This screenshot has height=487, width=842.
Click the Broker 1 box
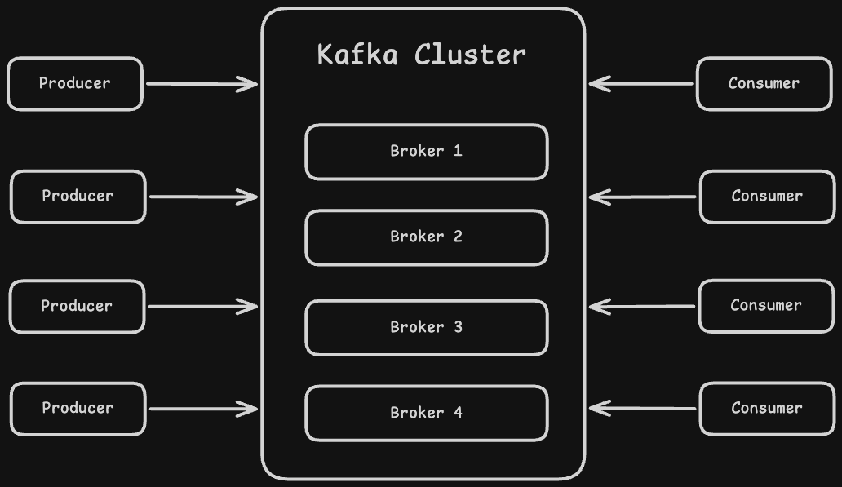(426, 152)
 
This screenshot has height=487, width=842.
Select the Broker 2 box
(426, 237)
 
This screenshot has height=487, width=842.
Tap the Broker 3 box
(426, 328)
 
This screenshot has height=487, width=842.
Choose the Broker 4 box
(426, 414)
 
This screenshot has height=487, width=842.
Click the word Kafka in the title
(357, 55)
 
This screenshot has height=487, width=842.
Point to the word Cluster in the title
(470, 55)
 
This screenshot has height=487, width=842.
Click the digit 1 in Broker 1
(458, 151)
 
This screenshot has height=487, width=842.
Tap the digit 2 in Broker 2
(458, 237)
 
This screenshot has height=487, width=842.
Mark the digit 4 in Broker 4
(458, 413)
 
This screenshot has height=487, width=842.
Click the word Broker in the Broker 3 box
(417, 327)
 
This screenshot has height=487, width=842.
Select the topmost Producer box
(75, 83)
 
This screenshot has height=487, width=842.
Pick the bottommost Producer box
(78, 408)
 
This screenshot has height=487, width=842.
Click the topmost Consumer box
(764, 83)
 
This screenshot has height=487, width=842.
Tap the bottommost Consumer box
(766, 408)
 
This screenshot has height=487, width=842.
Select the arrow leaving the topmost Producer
(201, 83)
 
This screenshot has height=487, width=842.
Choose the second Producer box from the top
(78, 197)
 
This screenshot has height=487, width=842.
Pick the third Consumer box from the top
(765, 306)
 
